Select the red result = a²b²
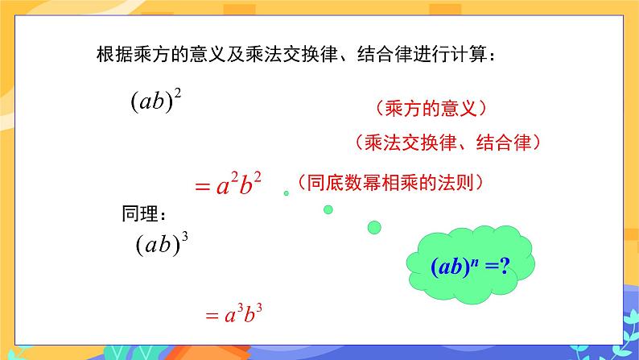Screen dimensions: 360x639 click(229, 184)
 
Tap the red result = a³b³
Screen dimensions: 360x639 click(234, 315)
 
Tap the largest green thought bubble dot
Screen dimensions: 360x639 click(374, 228)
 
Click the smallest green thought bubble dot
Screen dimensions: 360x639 click(286, 193)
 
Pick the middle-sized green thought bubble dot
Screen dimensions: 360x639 click(328, 209)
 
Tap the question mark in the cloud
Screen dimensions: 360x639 click(505, 267)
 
